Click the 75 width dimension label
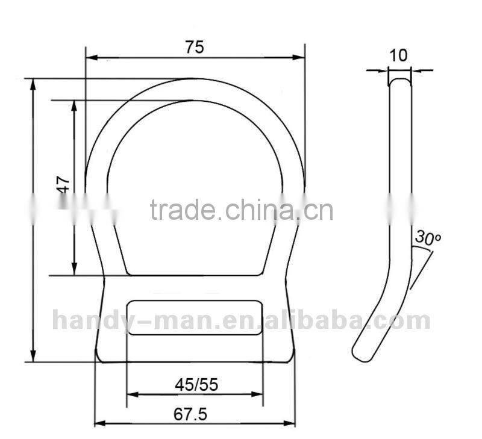pos(194,48)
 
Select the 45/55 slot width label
pos(195,384)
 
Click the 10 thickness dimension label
pos(398,56)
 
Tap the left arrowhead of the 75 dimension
pos(91,58)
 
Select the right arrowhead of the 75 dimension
pos(300,58)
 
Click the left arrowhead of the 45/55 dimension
pos(132,395)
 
